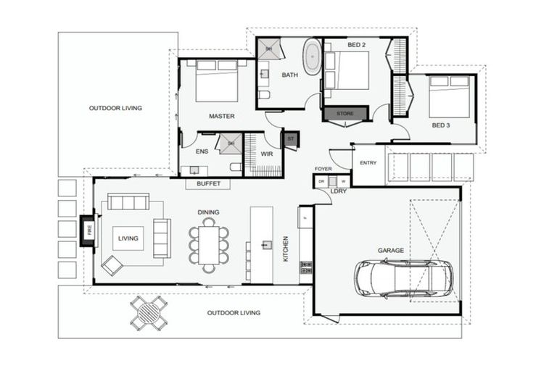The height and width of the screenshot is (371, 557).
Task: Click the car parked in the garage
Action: click(403, 278)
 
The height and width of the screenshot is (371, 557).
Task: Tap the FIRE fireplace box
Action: click(88, 231)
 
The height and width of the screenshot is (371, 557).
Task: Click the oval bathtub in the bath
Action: click(313, 57)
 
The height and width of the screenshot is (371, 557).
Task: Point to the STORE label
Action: click(345, 114)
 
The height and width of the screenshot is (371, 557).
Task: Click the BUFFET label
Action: click(208, 184)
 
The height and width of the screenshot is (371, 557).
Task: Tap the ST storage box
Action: click(291, 138)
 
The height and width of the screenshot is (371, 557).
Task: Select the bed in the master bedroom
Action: click(216, 81)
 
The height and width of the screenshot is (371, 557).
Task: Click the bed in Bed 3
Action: click(449, 96)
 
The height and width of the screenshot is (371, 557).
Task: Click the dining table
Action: click(209, 245)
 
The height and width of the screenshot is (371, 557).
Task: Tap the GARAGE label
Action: click(390, 251)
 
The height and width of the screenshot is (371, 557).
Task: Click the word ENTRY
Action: click(368, 163)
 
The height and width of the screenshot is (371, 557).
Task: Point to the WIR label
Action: click(266, 154)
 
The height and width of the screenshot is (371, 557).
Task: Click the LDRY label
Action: click(339, 191)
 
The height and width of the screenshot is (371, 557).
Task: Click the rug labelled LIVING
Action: click(128, 238)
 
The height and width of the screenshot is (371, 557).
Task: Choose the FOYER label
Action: click(323, 169)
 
